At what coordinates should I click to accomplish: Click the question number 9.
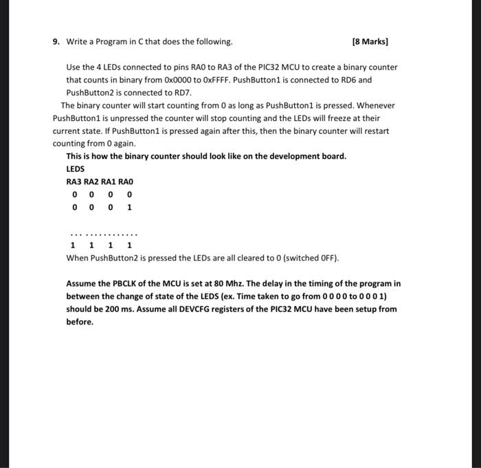point(56,42)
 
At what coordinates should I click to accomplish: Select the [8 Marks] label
point(370,42)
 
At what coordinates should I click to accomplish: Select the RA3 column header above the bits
point(74,181)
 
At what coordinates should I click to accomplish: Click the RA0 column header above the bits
point(125,181)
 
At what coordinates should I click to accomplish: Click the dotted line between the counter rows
point(103,232)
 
